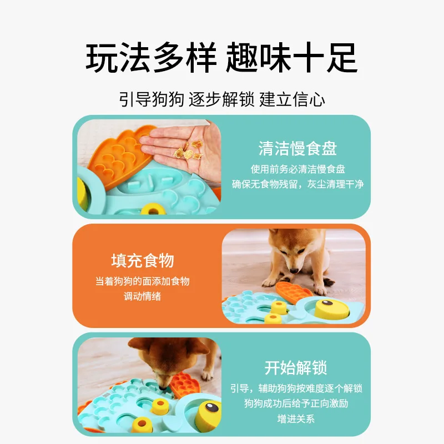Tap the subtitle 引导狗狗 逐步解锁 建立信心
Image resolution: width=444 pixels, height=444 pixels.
(222, 99)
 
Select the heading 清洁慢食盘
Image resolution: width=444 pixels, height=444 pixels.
(297, 148)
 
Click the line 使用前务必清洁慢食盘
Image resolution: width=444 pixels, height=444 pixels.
(297, 169)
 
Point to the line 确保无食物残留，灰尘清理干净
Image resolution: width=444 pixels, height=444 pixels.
(297, 184)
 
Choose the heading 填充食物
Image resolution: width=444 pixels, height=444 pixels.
(143, 260)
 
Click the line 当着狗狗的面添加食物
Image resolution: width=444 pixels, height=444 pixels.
(143, 281)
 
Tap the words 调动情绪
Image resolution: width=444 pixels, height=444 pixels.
(143, 296)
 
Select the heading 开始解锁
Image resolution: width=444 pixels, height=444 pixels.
(296, 367)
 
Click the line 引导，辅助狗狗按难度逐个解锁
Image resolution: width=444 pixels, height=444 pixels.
(296, 389)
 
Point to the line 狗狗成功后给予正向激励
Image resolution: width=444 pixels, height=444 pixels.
(296, 403)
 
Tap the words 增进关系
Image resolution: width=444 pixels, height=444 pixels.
(296, 418)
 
